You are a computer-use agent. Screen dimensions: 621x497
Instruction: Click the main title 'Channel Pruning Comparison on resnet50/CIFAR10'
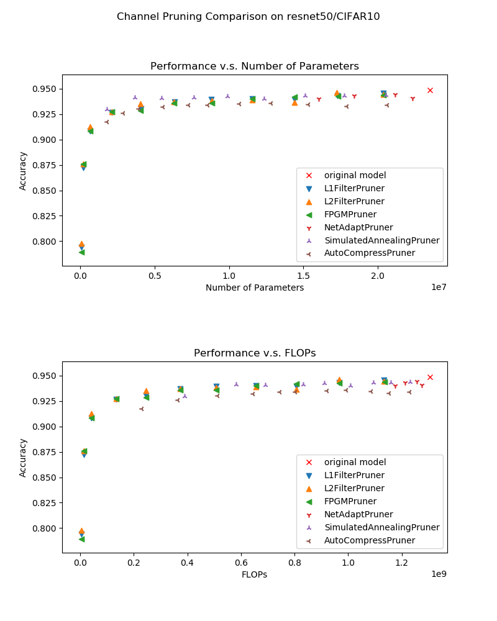[x=248, y=17]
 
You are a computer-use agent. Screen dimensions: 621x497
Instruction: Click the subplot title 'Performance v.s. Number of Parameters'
[x=254, y=66]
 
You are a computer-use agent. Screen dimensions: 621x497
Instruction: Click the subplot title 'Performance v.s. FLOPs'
[x=254, y=353]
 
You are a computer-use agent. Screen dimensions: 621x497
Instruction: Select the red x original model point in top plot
[x=430, y=90]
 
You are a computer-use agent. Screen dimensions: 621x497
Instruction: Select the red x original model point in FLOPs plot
[x=430, y=377]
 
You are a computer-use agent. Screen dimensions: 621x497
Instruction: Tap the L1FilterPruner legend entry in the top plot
[x=354, y=188]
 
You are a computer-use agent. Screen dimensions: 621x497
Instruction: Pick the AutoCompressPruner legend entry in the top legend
[x=369, y=253]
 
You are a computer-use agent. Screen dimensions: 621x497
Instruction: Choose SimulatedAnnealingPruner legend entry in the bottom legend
[x=381, y=527]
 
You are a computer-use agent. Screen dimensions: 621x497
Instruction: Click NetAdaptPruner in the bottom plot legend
[x=358, y=514]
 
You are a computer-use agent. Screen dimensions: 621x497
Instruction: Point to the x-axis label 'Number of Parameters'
[x=254, y=288]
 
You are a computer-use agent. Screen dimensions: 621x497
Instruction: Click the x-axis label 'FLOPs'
[x=254, y=574]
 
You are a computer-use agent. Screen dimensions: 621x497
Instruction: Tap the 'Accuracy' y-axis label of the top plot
[x=24, y=171]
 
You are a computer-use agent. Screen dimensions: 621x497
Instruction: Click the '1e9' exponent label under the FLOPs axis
[x=438, y=574]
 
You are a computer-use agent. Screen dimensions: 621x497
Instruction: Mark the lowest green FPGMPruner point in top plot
[x=81, y=252]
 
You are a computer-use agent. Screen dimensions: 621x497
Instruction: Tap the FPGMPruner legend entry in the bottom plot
[x=350, y=501]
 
